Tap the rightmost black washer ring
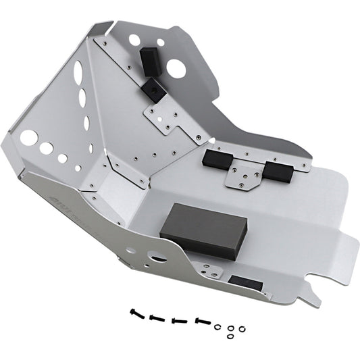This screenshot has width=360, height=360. pyautogui.click(x=242, y=309)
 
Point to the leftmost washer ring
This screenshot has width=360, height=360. pyautogui.click(x=218, y=307)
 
